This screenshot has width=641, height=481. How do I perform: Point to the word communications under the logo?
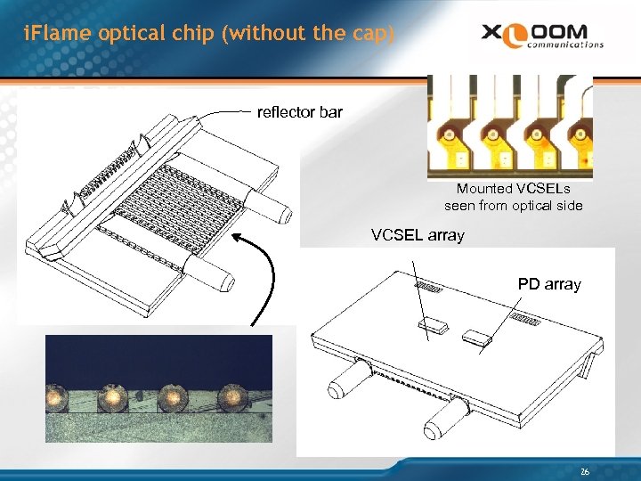pyautogui.click(x=564, y=44)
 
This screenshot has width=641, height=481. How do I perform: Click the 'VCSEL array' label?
pyautogui.click(x=418, y=236)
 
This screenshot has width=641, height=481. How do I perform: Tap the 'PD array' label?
pyautogui.click(x=549, y=284)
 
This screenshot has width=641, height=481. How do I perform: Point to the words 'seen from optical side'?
pyautogui.click(x=514, y=206)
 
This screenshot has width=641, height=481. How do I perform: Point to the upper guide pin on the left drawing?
pyautogui.click(x=266, y=208)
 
